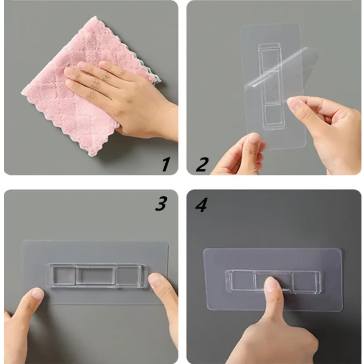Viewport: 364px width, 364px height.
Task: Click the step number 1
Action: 166,164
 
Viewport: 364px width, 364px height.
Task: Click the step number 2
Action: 202,164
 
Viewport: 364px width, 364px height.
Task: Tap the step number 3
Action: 161,203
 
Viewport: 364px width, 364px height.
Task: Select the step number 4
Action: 201,205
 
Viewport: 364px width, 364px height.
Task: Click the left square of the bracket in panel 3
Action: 63,276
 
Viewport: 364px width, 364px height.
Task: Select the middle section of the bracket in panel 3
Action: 96,276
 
